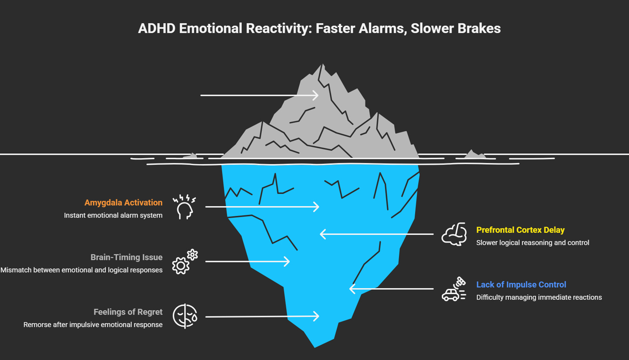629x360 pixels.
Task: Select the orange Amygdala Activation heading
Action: (x=123, y=203)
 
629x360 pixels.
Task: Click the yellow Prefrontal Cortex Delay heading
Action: (x=520, y=230)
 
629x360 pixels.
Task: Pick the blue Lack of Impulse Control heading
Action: (x=521, y=285)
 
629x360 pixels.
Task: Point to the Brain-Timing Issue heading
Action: (x=126, y=257)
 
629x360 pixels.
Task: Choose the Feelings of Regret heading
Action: (x=128, y=312)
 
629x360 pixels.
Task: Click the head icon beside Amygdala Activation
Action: (x=184, y=207)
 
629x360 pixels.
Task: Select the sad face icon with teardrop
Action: (x=185, y=316)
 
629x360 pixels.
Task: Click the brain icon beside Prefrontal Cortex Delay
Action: (x=454, y=234)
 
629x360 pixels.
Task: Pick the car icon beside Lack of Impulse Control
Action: (x=453, y=289)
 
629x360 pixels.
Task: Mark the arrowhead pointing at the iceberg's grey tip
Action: (x=317, y=95)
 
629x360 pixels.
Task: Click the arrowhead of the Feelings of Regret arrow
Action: (x=317, y=316)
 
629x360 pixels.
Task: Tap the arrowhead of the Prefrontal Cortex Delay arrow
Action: (x=323, y=234)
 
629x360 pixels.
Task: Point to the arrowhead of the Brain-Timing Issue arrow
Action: (x=287, y=262)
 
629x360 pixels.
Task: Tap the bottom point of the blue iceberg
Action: (x=314, y=346)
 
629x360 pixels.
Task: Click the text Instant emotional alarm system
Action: (x=113, y=215)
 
